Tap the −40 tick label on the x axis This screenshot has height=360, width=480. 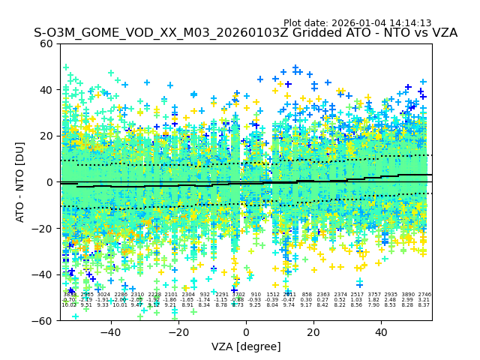(x=110, y=331)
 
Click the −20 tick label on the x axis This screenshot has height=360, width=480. (x=178, y=331)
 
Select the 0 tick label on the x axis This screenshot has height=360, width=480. (x=246, y=331)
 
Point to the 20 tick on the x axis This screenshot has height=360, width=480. (x=313, y=331)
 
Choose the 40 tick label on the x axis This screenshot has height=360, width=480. (x=381, y=331)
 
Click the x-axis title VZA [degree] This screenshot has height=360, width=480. (x=246, y=346)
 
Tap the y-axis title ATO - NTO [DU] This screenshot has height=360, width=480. (x=20, y=182)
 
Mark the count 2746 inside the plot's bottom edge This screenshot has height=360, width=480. (x=424, y=295)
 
